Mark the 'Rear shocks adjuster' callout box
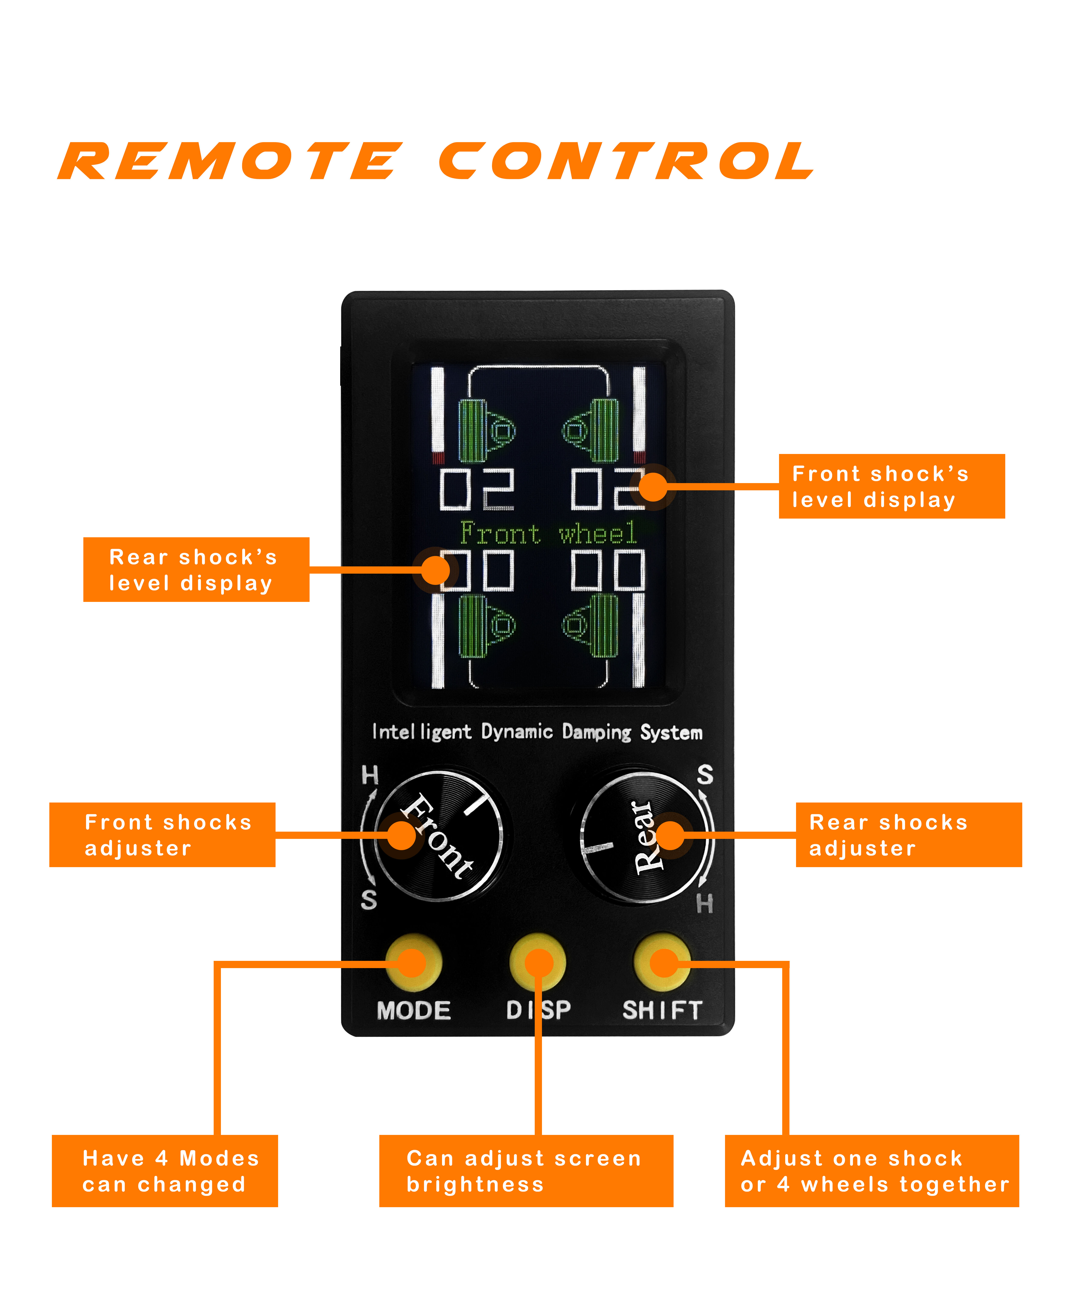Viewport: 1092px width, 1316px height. [908, 835]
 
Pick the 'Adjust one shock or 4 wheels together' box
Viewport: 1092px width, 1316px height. [871, 1171]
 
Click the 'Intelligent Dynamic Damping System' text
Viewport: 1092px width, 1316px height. [537, 732]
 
